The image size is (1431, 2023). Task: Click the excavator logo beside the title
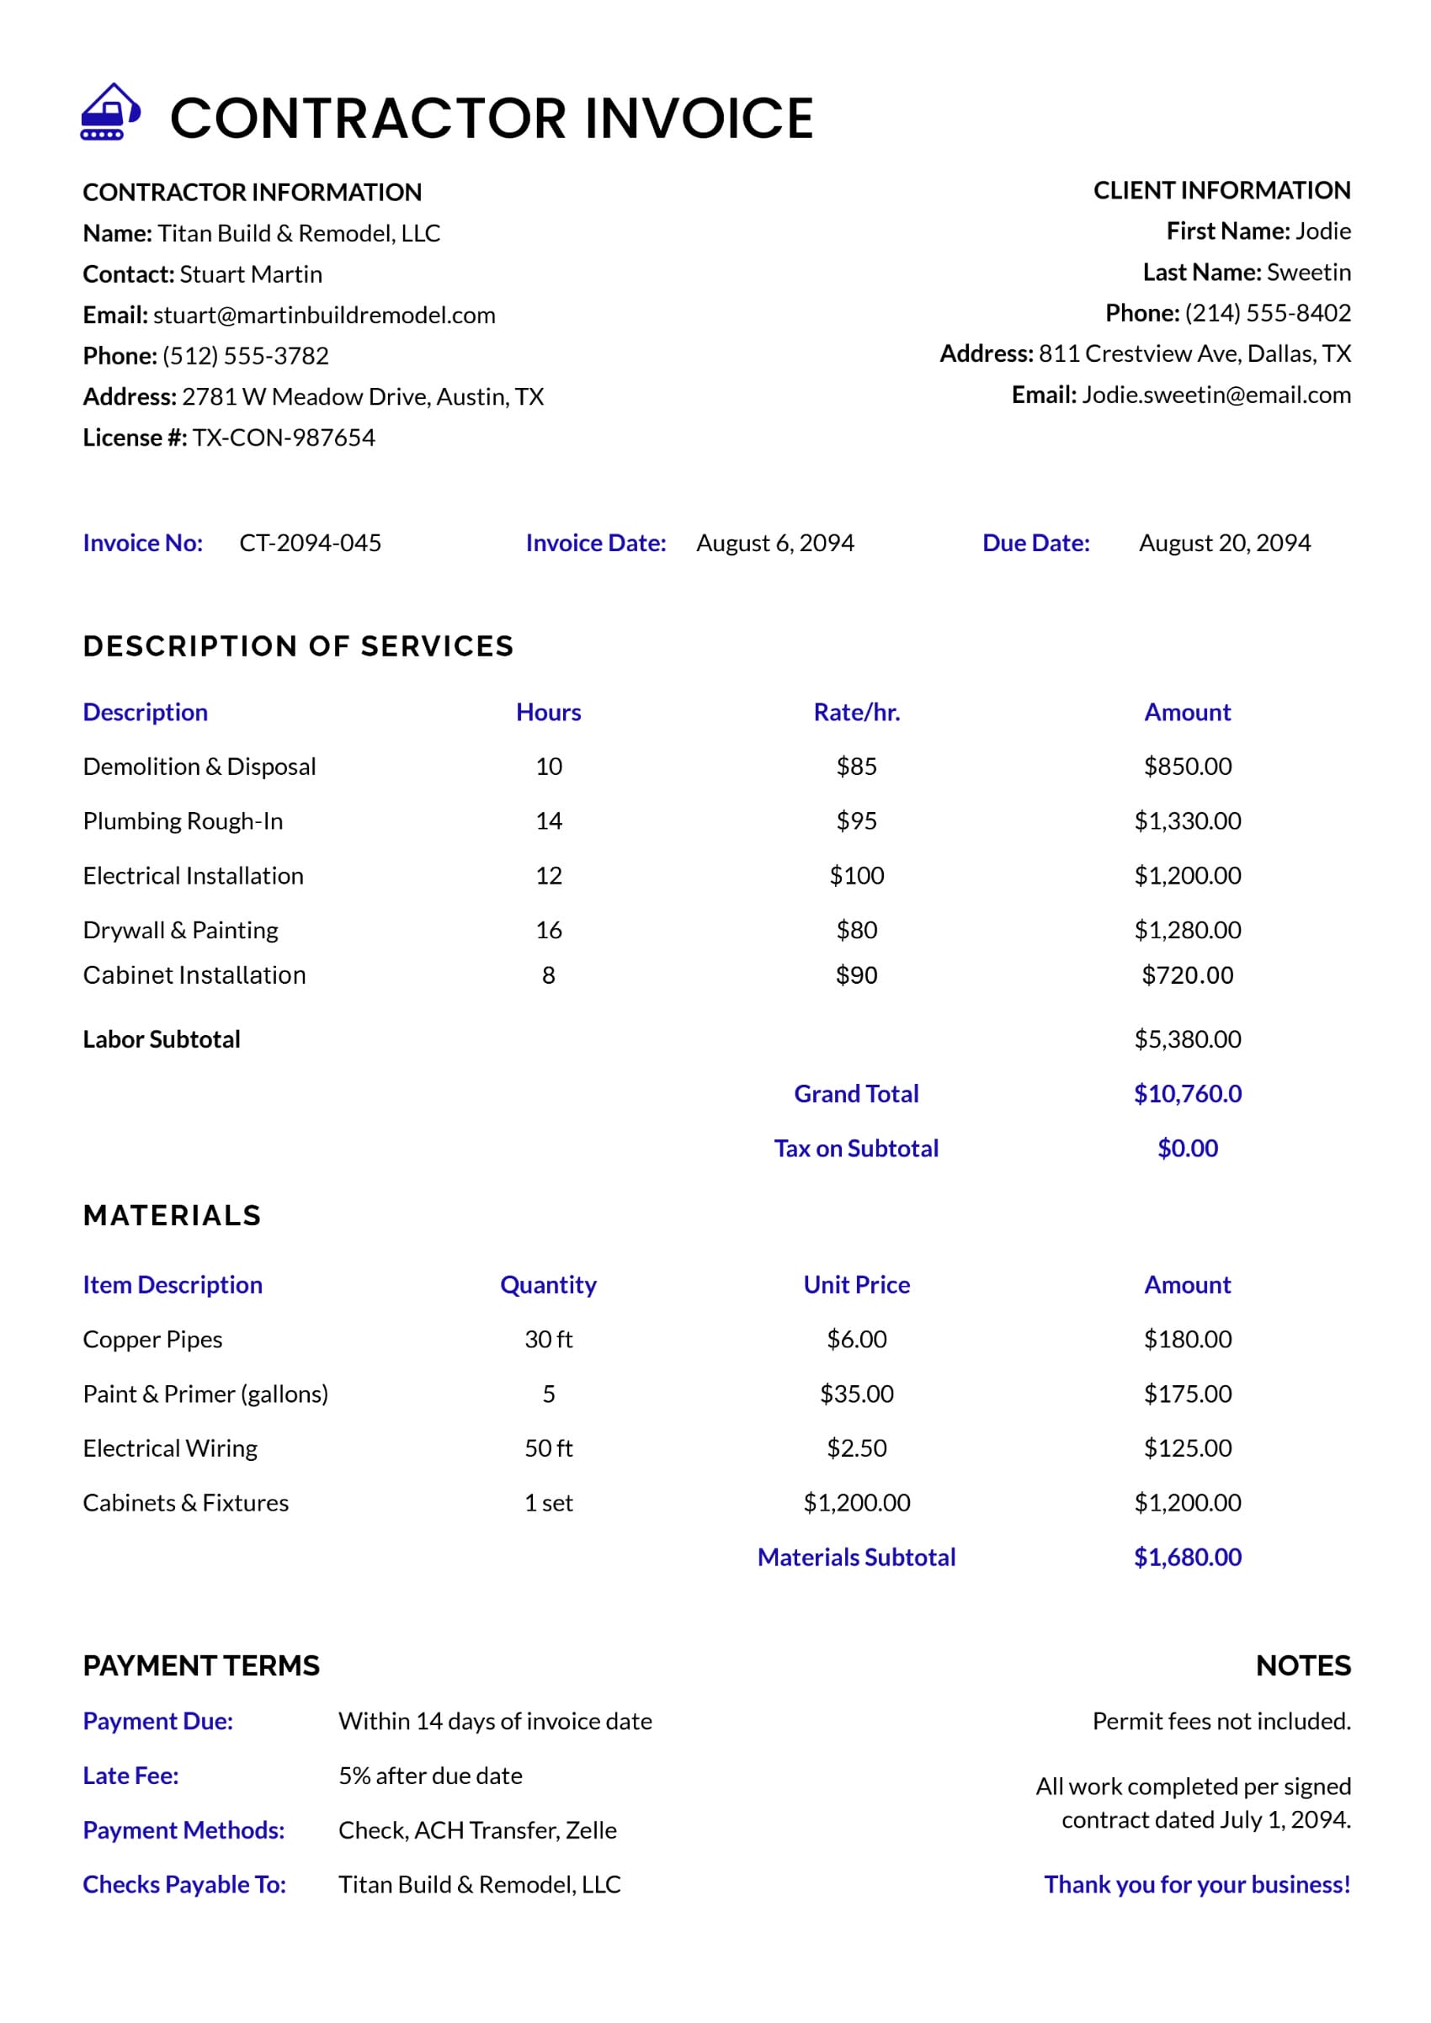(x=110, y=112)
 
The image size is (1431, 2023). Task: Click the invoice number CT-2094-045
(x=310, y=543)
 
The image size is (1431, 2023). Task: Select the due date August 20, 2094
(x=1224, y=543)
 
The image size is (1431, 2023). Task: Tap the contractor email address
(x=323, y=315)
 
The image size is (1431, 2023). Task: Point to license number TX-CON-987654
(x=284, y=437)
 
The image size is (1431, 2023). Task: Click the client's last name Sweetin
(x=1307, y=273)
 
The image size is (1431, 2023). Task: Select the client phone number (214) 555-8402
(x=1267, y=313)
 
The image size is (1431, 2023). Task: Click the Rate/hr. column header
(x=855, y=712)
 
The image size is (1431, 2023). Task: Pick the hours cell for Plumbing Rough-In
(x=548, y=821)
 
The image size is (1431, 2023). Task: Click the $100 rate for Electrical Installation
(x=855, y=876)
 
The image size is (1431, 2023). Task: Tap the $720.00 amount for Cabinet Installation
(x=1187, y=975)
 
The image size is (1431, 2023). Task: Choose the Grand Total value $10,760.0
(x=1187, y=1093)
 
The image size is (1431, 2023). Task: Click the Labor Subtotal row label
(x=162, y=1040)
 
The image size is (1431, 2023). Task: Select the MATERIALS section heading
(x=172, y=1216)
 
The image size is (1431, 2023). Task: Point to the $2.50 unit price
(x=855, y=1448)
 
